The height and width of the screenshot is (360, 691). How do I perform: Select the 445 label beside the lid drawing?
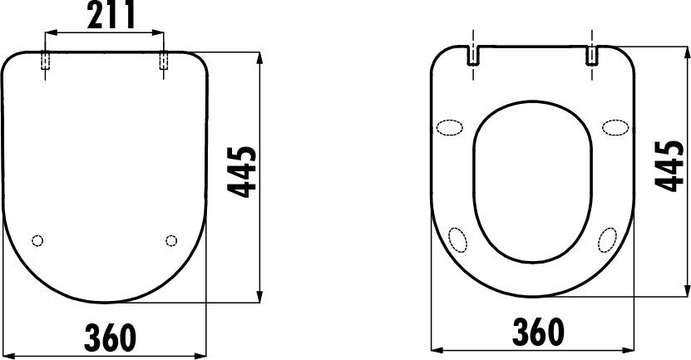(x=242, y=172)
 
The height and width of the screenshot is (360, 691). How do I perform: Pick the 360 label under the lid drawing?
(x=110, y=336)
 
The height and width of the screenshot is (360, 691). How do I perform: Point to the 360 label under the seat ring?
(x=537, y=332)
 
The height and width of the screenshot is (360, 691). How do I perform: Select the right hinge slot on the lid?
(x=164, y=63)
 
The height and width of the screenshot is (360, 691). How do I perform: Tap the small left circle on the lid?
(x=36, y=241)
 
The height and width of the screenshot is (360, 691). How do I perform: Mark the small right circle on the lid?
(x=171, y=241)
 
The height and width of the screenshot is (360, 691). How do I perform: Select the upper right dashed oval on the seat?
(x=615, y=127)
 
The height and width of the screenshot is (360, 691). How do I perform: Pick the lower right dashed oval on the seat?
(x=607, y=239)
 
